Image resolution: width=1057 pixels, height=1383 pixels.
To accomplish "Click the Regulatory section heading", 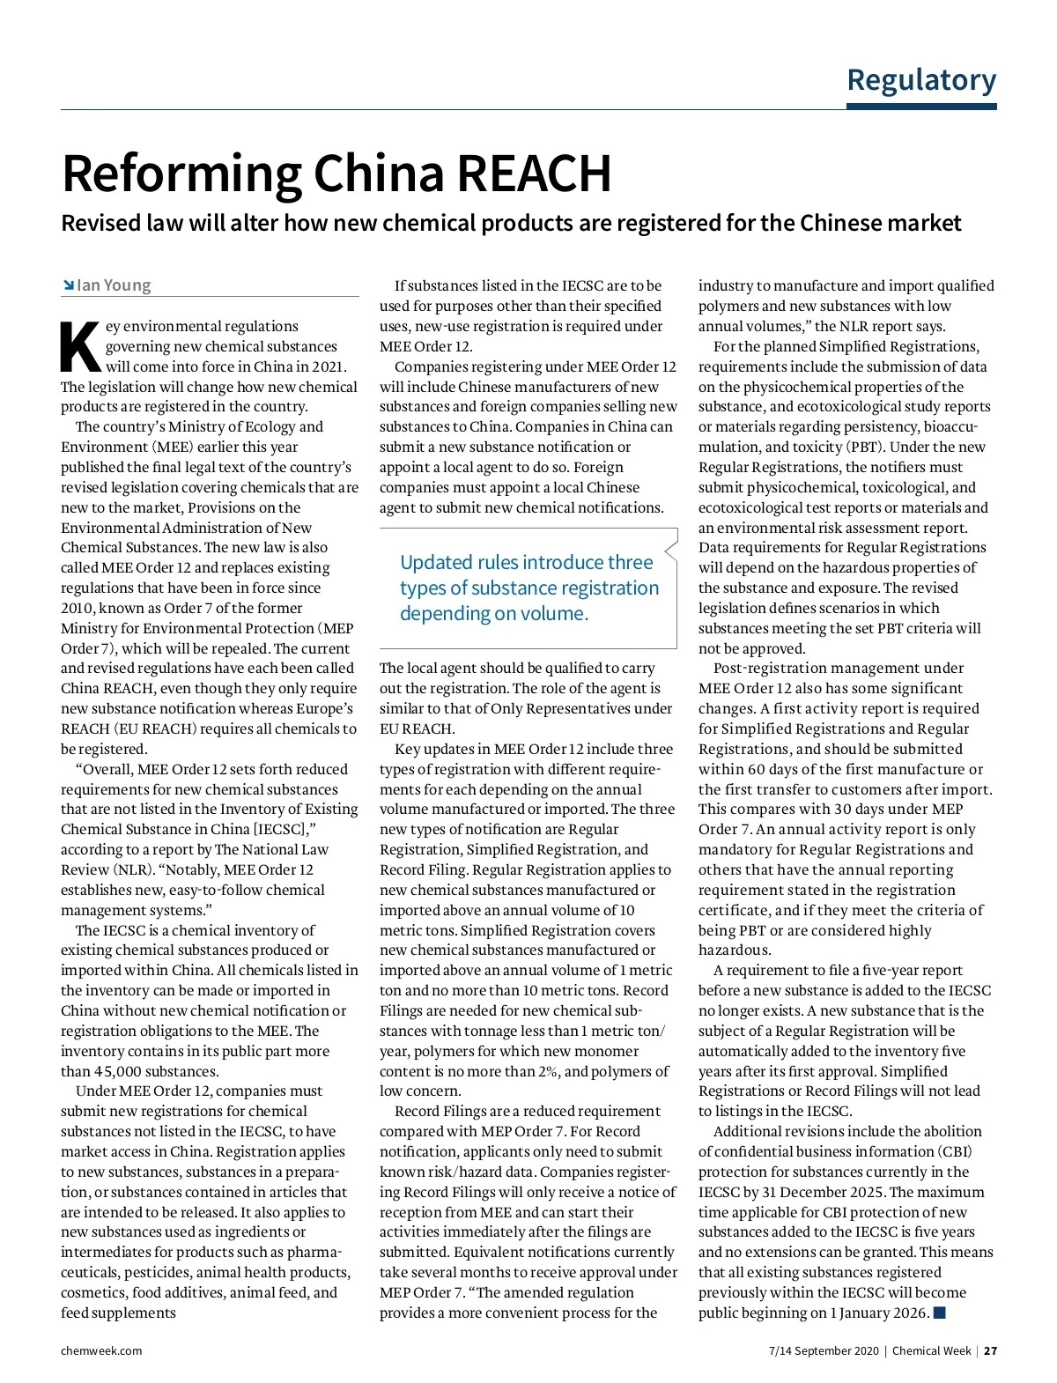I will tap(921, 80).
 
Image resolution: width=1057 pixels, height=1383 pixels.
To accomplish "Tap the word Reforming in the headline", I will tap(181, 174).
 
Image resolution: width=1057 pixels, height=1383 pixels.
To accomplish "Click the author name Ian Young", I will tap(114, 285).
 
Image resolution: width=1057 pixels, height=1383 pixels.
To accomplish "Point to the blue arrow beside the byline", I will tap(68, 285).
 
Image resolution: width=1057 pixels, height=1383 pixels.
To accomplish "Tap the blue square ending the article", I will tap(940, 1313).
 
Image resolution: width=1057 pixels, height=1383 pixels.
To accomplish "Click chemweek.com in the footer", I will tap(101, 1350).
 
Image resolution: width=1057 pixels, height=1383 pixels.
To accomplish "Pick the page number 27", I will tap(990, 1350).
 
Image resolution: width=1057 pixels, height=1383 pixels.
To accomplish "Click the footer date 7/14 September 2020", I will tap(824, 1350).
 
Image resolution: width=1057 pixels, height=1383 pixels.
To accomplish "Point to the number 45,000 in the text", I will tap(116, 1071).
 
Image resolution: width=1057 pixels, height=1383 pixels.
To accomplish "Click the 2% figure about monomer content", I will tap(548, 1071).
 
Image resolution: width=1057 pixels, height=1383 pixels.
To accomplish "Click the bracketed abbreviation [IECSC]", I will tap(279, 829).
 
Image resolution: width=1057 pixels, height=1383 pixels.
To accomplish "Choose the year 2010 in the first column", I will tap(77, 608).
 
